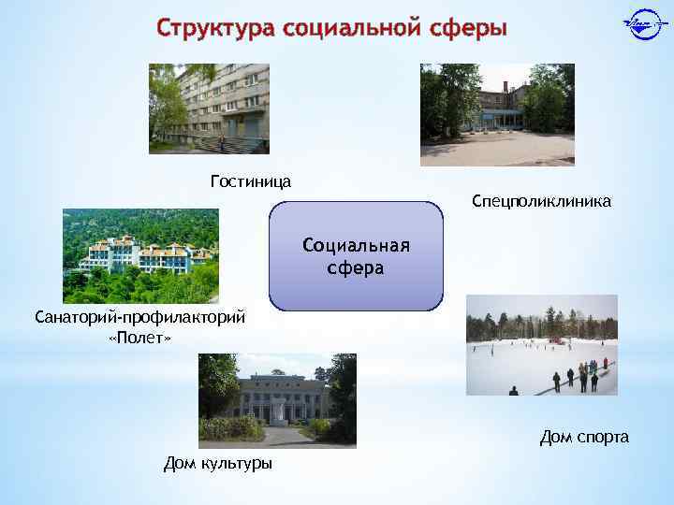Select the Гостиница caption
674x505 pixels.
point(250,180)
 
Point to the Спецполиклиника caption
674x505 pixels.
point(541,201)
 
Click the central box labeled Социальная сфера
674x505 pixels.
point(356,281)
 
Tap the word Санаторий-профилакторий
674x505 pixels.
point(140,317)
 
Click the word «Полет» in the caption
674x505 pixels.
point(140,337)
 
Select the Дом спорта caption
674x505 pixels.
point(584,437)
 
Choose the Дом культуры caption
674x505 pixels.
point(218,463)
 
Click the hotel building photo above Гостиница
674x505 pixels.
point(209,108)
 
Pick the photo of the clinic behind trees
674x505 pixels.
point(497,114)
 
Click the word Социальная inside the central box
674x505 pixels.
point(356,246)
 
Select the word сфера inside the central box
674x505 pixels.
point(356,268)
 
